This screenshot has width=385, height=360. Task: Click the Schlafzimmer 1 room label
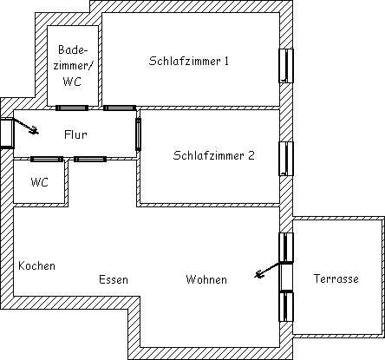189,61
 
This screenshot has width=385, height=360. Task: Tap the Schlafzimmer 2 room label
213,155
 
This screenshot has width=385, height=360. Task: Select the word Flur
75,134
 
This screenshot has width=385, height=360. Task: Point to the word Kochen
36,265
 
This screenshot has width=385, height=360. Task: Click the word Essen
114,279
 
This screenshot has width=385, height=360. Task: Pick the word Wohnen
206,279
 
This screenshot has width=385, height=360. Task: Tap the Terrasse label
336,278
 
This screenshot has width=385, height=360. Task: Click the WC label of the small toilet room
39,182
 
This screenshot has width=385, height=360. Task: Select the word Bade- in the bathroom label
73,49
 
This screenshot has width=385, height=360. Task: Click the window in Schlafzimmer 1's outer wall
286,66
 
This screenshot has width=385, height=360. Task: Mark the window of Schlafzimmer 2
286,159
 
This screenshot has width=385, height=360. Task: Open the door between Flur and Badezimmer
72,108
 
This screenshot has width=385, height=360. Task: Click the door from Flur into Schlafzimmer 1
120,108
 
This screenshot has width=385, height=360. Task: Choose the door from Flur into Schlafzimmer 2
138,134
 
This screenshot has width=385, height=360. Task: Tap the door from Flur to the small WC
47,159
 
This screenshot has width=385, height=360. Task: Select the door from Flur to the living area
90,159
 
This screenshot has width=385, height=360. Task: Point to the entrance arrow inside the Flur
25,127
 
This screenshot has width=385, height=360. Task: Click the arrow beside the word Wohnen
267,270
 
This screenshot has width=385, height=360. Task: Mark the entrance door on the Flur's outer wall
6,134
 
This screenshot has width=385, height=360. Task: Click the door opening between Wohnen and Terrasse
286,277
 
